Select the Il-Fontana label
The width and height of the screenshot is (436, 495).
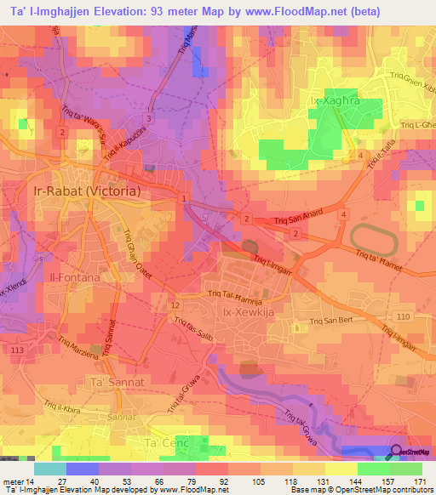click(76, 277)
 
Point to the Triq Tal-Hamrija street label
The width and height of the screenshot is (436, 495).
click(238, 295)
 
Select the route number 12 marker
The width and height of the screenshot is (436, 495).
click(175, 304)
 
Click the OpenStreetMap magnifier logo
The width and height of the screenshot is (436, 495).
click(397, 452)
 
